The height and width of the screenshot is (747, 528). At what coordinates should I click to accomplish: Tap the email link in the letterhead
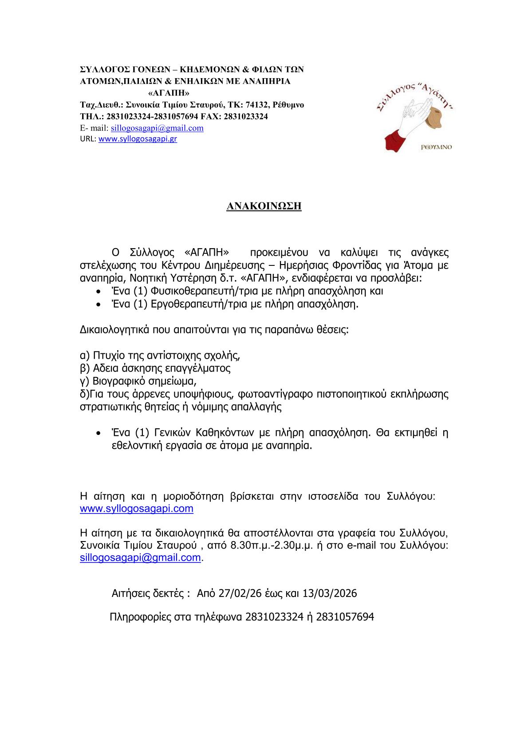(x=157, y=128)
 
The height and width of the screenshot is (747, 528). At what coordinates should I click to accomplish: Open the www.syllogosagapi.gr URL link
(x=138, y=139)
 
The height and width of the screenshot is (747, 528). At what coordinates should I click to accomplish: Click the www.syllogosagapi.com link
(x=137, y=509)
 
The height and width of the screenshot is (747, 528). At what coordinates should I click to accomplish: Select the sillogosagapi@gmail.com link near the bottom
(x=140, y=558)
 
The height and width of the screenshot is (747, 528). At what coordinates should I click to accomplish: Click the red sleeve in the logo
(x=396, y=140)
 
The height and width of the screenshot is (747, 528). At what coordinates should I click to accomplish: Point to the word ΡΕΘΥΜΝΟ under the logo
(x=436, y=147)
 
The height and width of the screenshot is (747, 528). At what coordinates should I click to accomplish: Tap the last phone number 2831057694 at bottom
(x=346, y=617)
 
